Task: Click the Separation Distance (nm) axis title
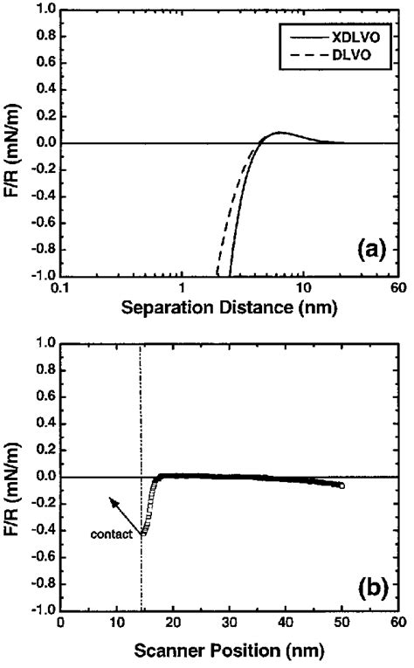(229, 307)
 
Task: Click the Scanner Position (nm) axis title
(229, 651)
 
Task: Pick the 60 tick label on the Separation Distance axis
(397, 288)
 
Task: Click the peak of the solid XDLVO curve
(279, 133)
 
